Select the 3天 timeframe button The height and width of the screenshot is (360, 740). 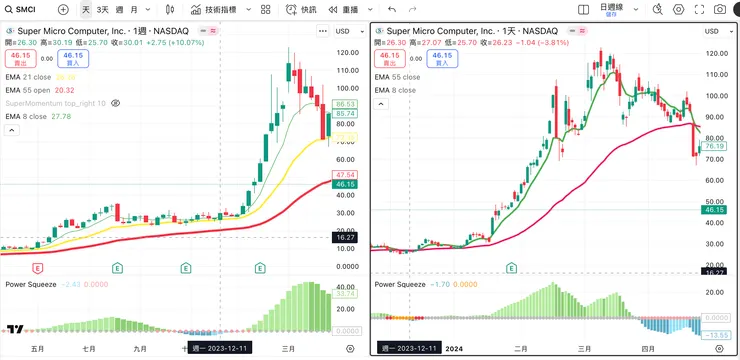click(x=103, y=9)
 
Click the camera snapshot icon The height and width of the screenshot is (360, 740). click(x=720, y=9)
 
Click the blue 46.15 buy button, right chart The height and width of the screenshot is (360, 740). click(x=438, y=59)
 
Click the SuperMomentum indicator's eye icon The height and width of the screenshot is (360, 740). click(x=116, y=103)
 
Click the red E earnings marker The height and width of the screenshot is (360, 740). click(x=38, y=268)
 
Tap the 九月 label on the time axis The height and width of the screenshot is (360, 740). click(x=139, y=348)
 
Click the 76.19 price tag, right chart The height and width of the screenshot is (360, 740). click(x=714, y=147)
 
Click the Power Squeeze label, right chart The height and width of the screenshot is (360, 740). click(x=404, y=284)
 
